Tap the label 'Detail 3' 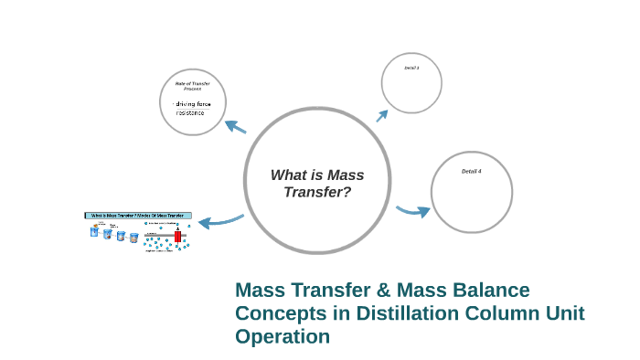point(411,69)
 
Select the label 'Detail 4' point(471,172)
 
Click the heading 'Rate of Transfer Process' point(193,86)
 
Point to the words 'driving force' point(193,104)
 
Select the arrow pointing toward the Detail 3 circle point(382,113)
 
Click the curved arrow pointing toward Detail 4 point(413,212)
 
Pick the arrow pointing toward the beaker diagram point(219,220)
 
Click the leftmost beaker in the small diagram point(93,231)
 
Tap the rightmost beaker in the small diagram point(133,238)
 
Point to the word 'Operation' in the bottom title point(282,336)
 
